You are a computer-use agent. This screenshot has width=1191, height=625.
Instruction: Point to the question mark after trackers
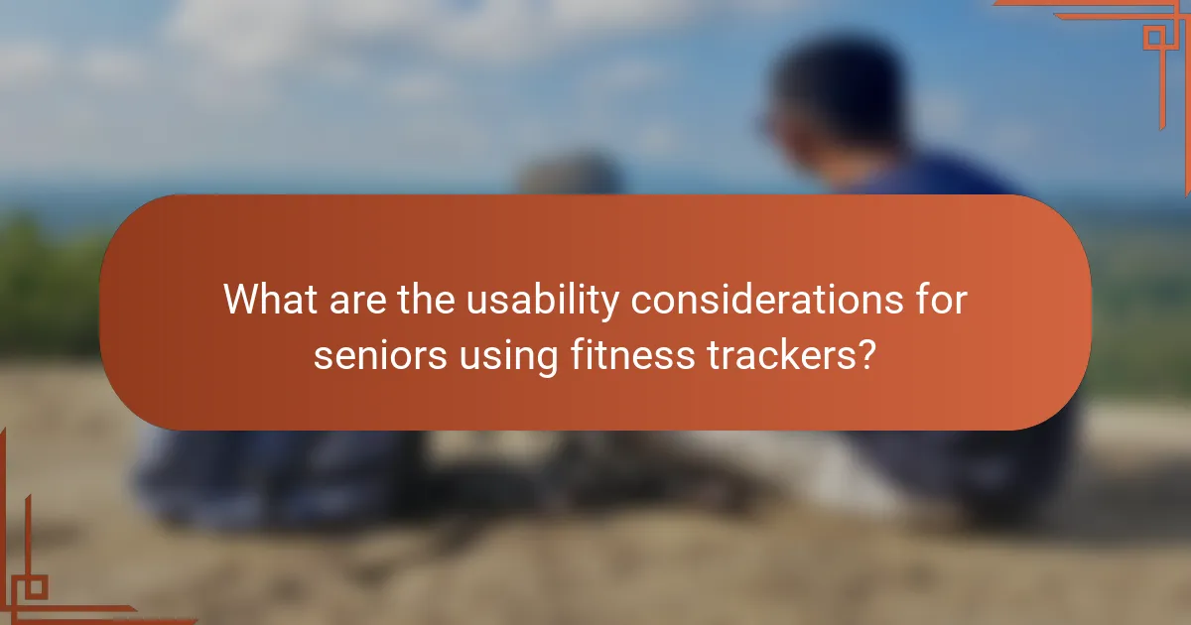pyautogui.click(x=865, y=354)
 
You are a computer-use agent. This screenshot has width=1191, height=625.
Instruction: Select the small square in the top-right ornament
pyautogui.click(x=1153, y=38)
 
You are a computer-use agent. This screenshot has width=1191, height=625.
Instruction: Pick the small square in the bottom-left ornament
pyautogui.click(x=36, y=586)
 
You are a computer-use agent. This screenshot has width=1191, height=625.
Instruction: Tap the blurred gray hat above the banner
pyautogui.click(x=571, y=176)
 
